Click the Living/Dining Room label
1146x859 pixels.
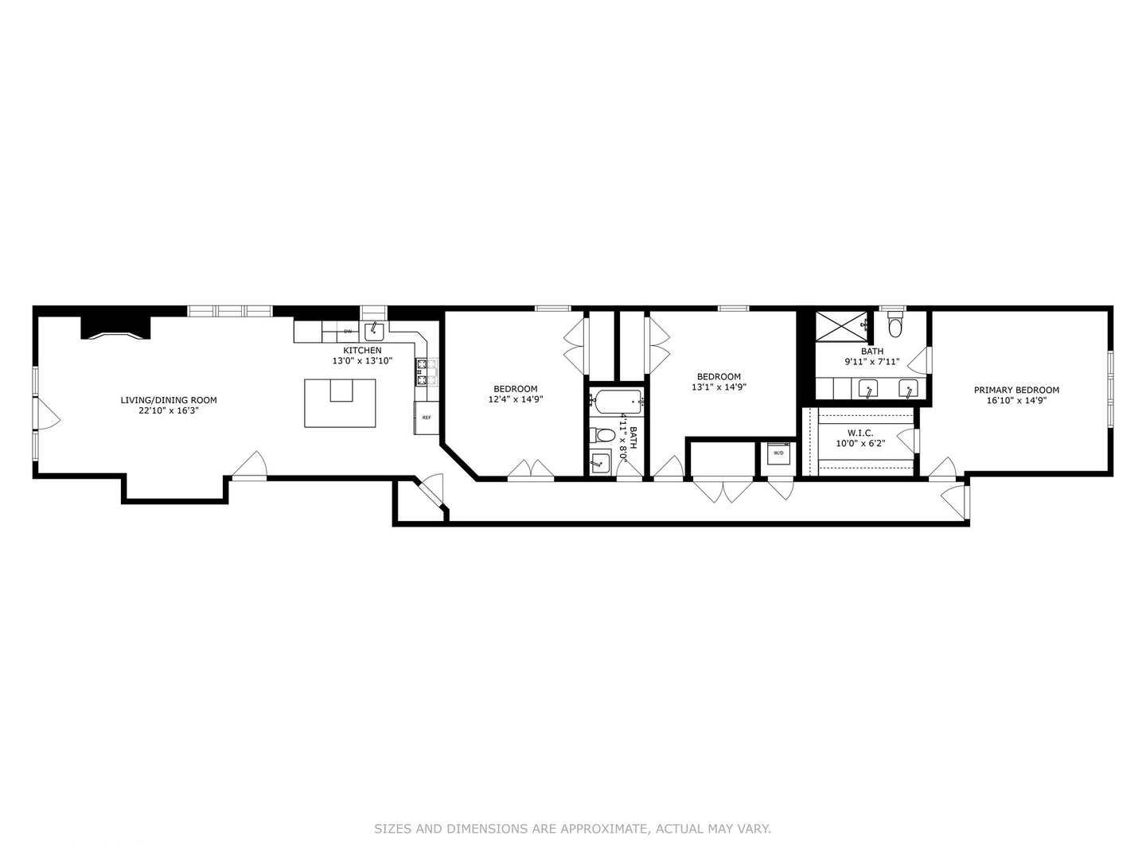click(168, 400)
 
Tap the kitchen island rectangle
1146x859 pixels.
click(340, 403)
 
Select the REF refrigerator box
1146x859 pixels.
click(426, 418)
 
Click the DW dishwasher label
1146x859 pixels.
click(348, 331)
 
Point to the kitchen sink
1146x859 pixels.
click(374, 330)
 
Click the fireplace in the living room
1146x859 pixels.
click(116, 327)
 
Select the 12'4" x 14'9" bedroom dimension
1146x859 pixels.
click(515, 400)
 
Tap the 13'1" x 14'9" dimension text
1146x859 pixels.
click(719, 387)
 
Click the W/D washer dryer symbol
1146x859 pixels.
click(778, 453)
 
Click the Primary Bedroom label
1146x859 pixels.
click(1016, 390)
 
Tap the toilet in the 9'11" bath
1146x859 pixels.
click(895, 326)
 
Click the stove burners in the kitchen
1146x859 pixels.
click(426, 372)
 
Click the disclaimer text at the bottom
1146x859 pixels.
click(572, 829)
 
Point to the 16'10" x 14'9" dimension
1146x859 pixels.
click(1016, 401)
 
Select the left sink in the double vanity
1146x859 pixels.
click(867, 388)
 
